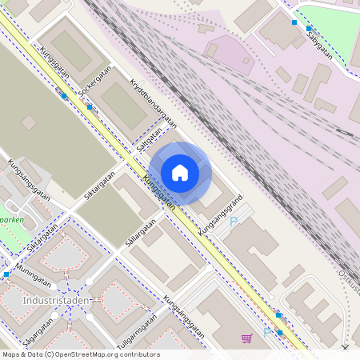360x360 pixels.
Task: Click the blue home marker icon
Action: pos(180,173)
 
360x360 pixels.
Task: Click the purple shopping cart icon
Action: pos(246,338)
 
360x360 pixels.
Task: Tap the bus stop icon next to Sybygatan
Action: pos(294,22)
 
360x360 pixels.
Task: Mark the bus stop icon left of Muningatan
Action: pos(6,274)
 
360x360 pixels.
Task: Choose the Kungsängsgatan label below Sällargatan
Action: pos(185,315)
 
